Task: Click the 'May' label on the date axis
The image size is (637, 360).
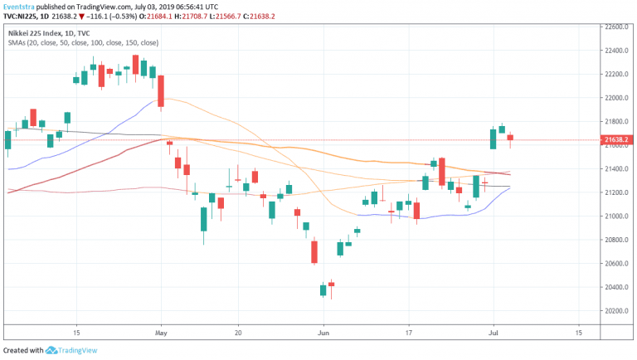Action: click(161, 330)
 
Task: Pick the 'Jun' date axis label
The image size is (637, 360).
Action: click(323, 330)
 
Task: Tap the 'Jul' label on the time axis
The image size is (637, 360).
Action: click(494, 330)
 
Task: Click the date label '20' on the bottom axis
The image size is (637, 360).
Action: click(238, 330)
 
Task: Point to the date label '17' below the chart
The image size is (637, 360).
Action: click(409, 330)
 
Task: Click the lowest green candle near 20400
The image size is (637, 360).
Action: click(323, 289)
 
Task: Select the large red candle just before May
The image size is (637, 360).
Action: click(162, 90)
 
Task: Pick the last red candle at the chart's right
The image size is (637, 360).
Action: click(511, 138)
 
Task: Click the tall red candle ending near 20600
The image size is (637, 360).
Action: click(314, 251)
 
